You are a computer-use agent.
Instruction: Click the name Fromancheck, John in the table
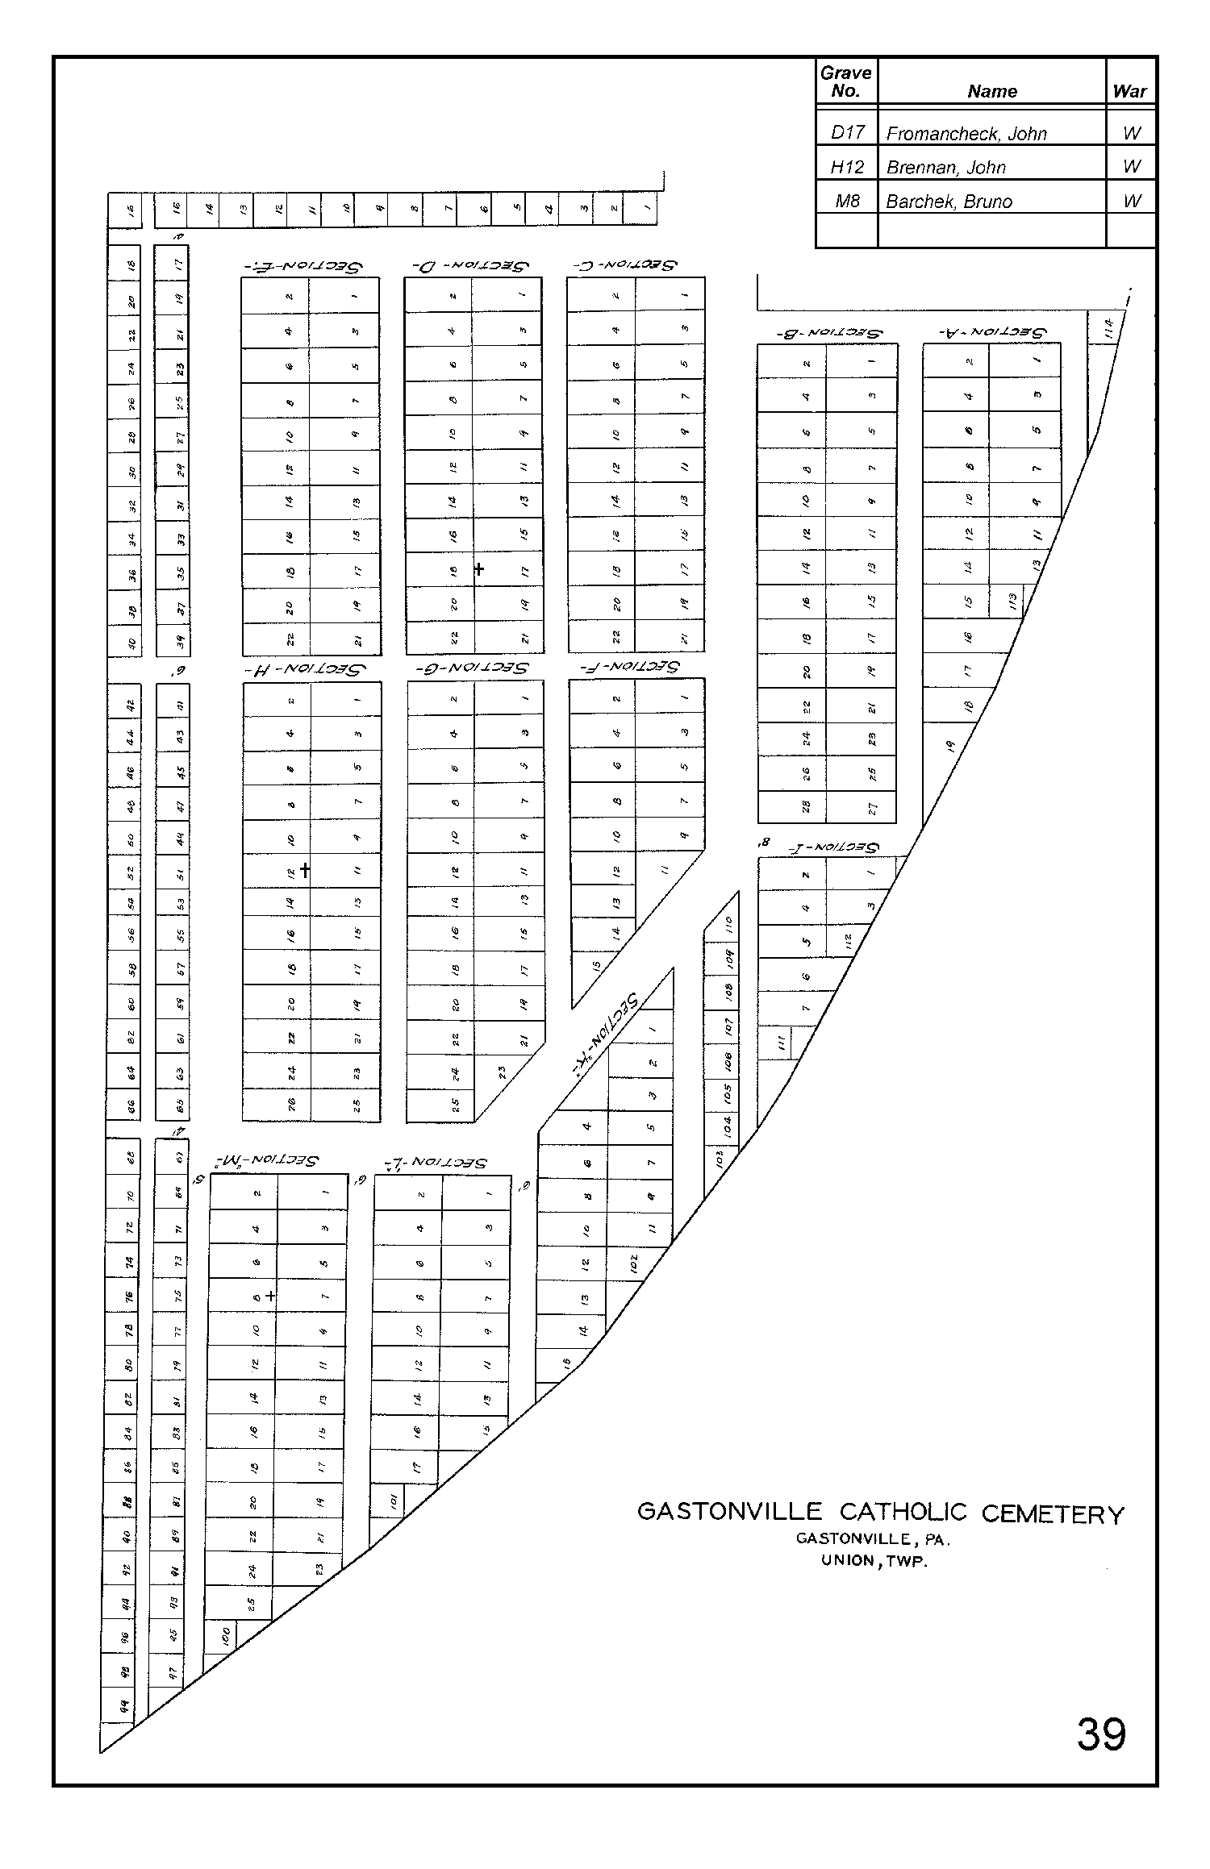pos(966,134)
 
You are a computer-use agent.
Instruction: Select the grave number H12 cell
pos(846,168)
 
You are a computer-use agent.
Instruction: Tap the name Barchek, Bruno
pos(949,202)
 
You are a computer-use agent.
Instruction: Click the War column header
pos(1129,91)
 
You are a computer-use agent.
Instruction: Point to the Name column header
pos(991,91)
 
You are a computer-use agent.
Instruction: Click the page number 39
pos(1100,1734)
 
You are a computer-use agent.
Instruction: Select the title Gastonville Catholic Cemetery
pos(880,1513)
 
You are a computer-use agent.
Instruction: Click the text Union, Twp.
pos(874,1560)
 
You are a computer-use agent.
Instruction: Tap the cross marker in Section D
pos(479,568)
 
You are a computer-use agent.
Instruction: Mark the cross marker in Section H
pos(305,870)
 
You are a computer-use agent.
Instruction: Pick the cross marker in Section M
pos(270,1296)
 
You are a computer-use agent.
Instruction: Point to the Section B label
pos(827,331)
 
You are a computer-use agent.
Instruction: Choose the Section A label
pos(991,331)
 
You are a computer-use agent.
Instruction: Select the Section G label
pos(472,668)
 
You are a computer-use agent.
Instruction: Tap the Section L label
pos(436,1162)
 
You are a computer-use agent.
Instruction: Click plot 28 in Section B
pos(806,806)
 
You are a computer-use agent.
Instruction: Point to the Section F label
pos(630,667)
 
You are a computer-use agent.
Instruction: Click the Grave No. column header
pos(845,81)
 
